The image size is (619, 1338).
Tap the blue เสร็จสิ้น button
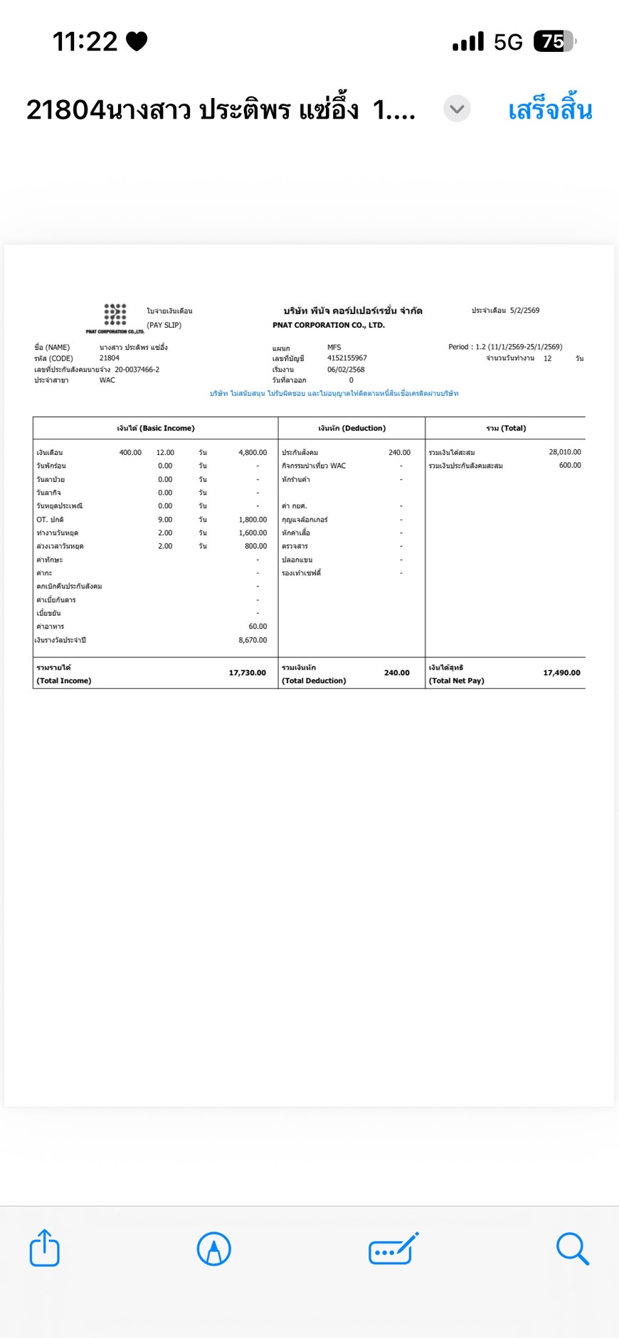[550, 110]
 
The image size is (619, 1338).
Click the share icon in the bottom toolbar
[44, 1248]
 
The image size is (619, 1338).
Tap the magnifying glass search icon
[572, 1248]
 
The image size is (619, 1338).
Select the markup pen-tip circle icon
[213, 1248]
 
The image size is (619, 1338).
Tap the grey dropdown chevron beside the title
[457, 109]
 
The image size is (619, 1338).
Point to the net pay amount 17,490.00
[561, 673]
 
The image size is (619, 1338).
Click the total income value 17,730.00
[247, 673]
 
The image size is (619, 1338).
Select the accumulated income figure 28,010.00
[565, 452]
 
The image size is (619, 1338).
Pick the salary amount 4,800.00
[253, 452]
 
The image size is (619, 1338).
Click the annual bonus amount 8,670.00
[253, 640]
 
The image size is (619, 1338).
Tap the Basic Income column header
[156, 428]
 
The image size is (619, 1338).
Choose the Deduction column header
[351, 428]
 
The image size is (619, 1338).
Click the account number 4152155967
[347, 358]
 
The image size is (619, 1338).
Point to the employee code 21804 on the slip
[110, 358]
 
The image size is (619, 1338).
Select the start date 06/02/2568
[346, 370]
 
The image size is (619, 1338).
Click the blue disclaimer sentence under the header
[334, 393]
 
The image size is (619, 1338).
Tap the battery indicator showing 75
[554, 42]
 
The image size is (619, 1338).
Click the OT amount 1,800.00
[253, 520]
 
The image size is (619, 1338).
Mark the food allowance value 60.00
[258, 626]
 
